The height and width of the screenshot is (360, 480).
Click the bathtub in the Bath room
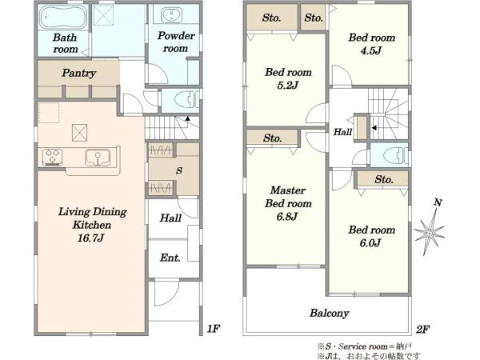(x=63, y=17)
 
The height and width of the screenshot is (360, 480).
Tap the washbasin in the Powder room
(x=171, y=15)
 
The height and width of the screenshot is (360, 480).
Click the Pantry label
(x=78, y=73)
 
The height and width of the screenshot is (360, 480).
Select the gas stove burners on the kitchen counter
(x=52, y=158)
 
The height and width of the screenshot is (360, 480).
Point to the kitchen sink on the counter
(x=98, y=158)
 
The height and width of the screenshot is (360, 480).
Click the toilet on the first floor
(x=186, y=100)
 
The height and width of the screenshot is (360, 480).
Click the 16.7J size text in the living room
(x=90, y=238)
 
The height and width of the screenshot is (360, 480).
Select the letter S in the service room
(x=179, y=170)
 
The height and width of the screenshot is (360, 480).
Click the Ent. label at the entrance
(x=170, y=258)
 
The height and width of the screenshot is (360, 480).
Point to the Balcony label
(x=329, y=313)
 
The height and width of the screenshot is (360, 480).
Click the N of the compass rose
(x=438, y=202)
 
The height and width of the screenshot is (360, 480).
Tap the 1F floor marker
(x=214, y=329)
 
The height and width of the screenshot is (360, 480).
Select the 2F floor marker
(x=422, y=330)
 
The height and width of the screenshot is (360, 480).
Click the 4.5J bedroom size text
(x=371, y=50)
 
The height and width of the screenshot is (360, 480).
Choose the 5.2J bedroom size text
(x=287, y=85)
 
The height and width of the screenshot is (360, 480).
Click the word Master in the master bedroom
(x=288, y=190)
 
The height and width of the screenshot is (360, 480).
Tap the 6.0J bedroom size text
(x=370, y=243)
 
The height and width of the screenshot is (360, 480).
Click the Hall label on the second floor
(x=342, y=132)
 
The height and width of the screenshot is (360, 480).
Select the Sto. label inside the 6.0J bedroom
(x=383, y=179)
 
